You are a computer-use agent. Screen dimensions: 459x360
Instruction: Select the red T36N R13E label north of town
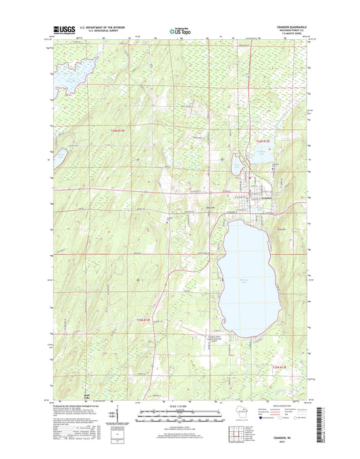click(x=265, y=141)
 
